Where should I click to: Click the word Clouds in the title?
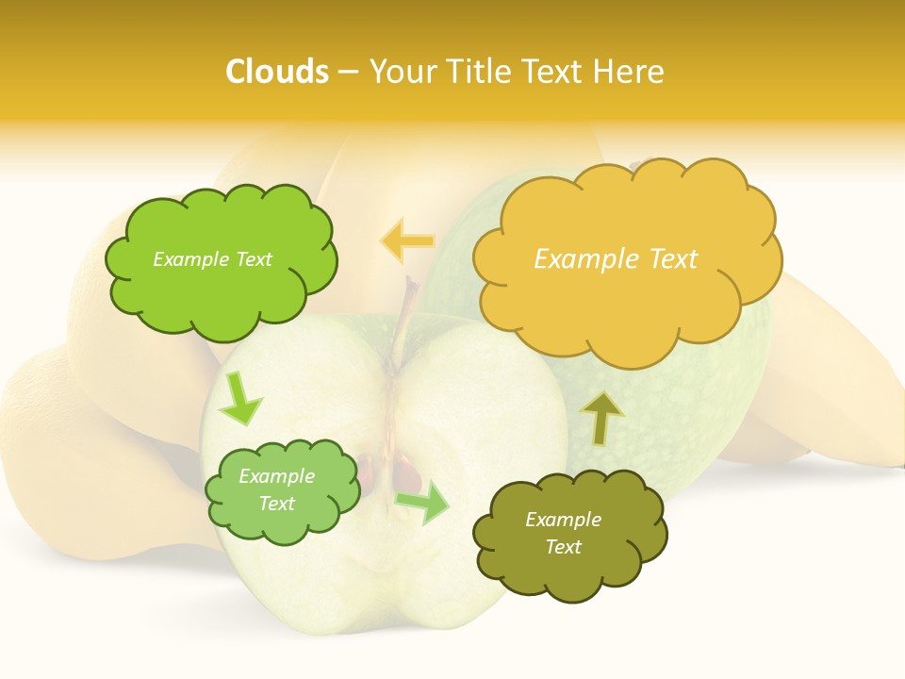[x=277, y=72]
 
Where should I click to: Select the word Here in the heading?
[x=628, y=72]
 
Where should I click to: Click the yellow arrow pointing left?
[x=406, y=240]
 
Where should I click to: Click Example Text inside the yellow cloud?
[x=616, y=259]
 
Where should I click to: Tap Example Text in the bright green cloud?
[x=212, y=259]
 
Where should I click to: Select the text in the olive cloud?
[x=563, y=533]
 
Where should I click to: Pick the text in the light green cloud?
[x=276, y=489]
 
